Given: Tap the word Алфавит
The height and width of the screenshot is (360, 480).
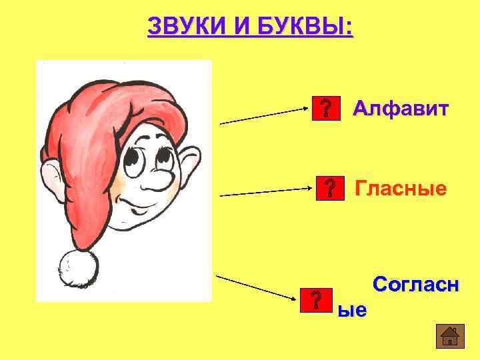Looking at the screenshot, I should point(401,108).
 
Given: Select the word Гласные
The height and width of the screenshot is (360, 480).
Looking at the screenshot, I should point(400,189).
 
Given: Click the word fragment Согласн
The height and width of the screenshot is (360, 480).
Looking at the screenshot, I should point(415,285).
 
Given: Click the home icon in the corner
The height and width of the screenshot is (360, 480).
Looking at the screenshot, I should point(449,336).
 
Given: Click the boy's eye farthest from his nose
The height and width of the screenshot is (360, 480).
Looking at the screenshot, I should point(135,161).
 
